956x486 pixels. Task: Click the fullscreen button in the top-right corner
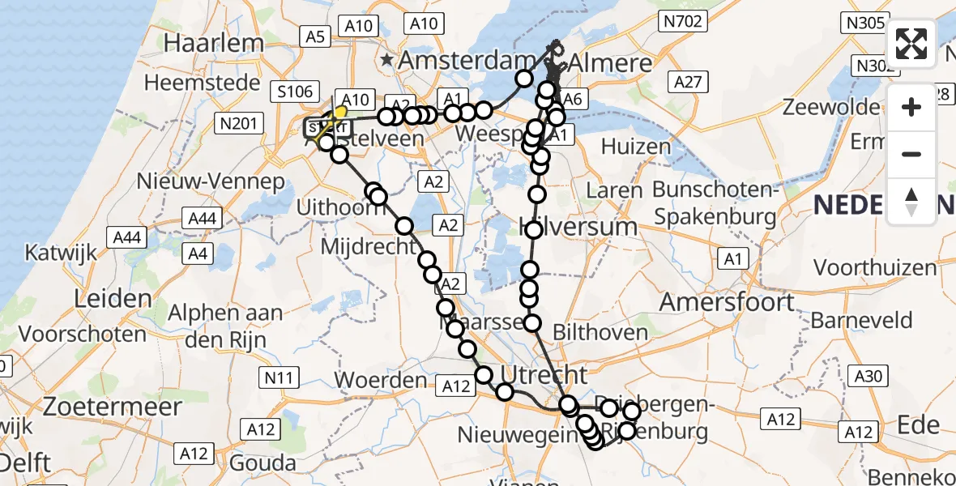pyautogui.click(x=911, y=44)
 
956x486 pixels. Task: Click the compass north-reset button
pyautogui.click(x=911, y=202)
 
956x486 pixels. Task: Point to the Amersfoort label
pyautogui.click(x=728, y=302)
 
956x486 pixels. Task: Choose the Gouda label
pyautogui.click(x=262, y=463)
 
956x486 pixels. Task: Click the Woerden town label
pyautogui.click(x=380, y=379)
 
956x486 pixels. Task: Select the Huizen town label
pyautogui.click(x=636, y=147)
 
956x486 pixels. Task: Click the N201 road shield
pyautogui.click(x=237, y=123)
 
